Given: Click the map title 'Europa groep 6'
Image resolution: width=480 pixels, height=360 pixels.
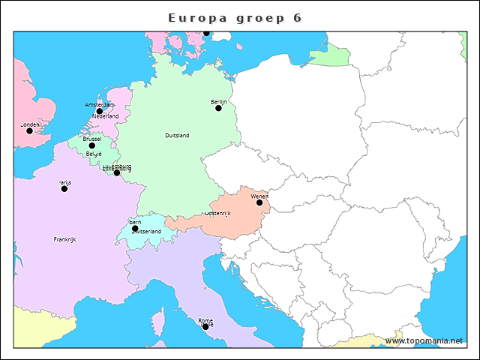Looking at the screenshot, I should pyautogui.click(x=235, y=17).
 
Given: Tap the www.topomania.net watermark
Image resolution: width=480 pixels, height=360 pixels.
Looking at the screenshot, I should pyautogui.click(x=424, y=340).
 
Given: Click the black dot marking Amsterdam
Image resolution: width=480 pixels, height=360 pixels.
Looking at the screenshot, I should pyautogui.click(x=99, y=111).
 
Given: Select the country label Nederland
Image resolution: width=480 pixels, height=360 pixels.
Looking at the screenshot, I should pyautogui.click(x=106, y=117).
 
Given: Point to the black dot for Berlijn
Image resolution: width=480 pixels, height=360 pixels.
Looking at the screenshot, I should pyautogui.click(x=218, y=108).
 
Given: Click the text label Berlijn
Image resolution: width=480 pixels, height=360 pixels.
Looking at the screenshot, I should pyautogui.click(x=218, y=101).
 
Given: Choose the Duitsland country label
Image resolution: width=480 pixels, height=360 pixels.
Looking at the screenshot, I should pyautogui.click(x=177, y=136).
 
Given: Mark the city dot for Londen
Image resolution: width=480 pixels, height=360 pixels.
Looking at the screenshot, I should pyautogui.click(x=29, y=130).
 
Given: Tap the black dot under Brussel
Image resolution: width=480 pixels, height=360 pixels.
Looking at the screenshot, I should pyautogui.click(x=91, y=145).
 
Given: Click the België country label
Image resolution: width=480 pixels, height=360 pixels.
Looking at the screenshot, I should pyautogui.click(x=94, y=154).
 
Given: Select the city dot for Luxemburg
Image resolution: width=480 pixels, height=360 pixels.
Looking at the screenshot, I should pyautogui.click(x=116, y=172).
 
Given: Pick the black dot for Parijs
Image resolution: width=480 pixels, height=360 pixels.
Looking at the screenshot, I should pyautogui.click(x=64, y=188).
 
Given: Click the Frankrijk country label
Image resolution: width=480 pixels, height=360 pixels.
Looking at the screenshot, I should pyautogui.click(x=64, y=239).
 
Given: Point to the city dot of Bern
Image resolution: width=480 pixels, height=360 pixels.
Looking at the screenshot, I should pyautogui.click(x=135, y=228).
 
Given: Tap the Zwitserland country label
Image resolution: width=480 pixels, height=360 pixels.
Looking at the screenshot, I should pyautogui.click(x=146, y=232).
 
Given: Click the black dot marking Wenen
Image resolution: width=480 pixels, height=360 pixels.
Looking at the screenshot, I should pyautogui.click(x=259, y=202).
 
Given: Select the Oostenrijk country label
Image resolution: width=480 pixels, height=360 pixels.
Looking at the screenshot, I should pyautogui.click(x=217, y=214).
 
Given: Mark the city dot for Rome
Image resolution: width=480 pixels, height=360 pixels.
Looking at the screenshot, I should pyautogui.click(x=205, y=326).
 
